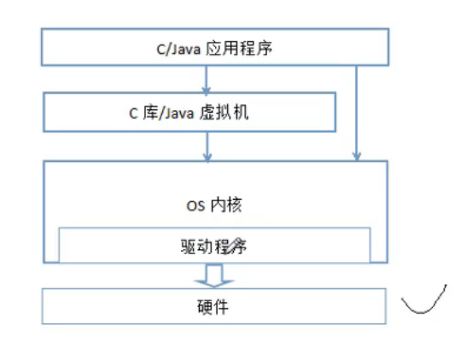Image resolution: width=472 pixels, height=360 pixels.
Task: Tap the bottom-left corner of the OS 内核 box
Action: (43, 261)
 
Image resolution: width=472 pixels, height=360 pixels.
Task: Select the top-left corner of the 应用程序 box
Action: (43, 32)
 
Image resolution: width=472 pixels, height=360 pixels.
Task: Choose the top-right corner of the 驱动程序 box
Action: (370, 229)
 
